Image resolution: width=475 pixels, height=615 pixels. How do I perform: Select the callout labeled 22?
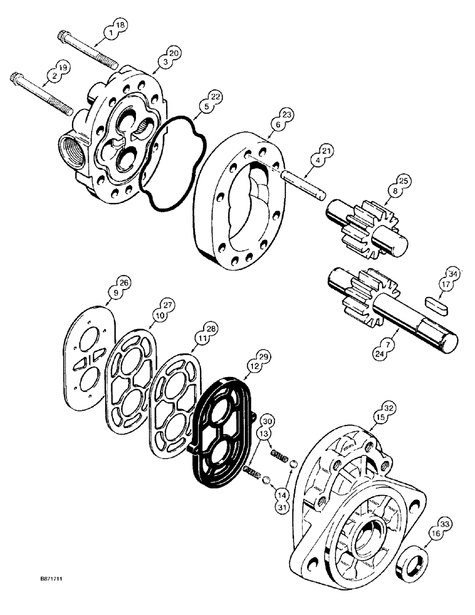click(215, 97)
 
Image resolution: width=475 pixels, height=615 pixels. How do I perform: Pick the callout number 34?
click(452, 273)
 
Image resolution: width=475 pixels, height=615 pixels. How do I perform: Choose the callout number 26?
click(124, 282)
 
